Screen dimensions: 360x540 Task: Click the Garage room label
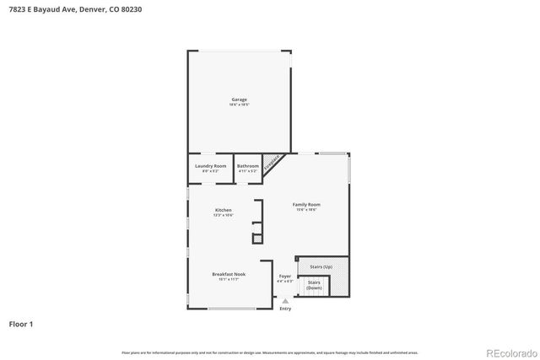(x=239, y=99)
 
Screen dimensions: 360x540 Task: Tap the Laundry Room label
(x=209, y=166)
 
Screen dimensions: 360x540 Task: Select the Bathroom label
(x=247, y=166)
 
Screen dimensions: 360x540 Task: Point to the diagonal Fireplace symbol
(x=272, y=164)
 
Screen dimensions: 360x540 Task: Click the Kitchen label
(x=223, y=210)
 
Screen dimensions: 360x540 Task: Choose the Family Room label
(x=306, y=205)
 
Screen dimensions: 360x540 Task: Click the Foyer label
(x=285, y=276)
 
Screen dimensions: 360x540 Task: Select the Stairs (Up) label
(x=321, y=266)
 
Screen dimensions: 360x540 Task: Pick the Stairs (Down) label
(x=314, y=285)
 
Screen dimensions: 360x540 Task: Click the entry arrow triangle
(x=285, y=301)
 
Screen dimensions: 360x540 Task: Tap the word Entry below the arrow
(x=285, y=309)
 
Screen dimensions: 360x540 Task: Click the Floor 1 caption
(x=20, y=324)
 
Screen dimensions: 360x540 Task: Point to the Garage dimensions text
(x=239, y=105)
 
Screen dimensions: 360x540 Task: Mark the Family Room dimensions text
(x=306, y=210)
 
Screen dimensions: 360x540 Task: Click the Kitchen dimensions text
(x=223, y=215)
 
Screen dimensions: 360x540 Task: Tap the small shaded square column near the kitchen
(x=257, y=239)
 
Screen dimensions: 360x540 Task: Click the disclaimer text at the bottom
(x=269, y=352)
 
